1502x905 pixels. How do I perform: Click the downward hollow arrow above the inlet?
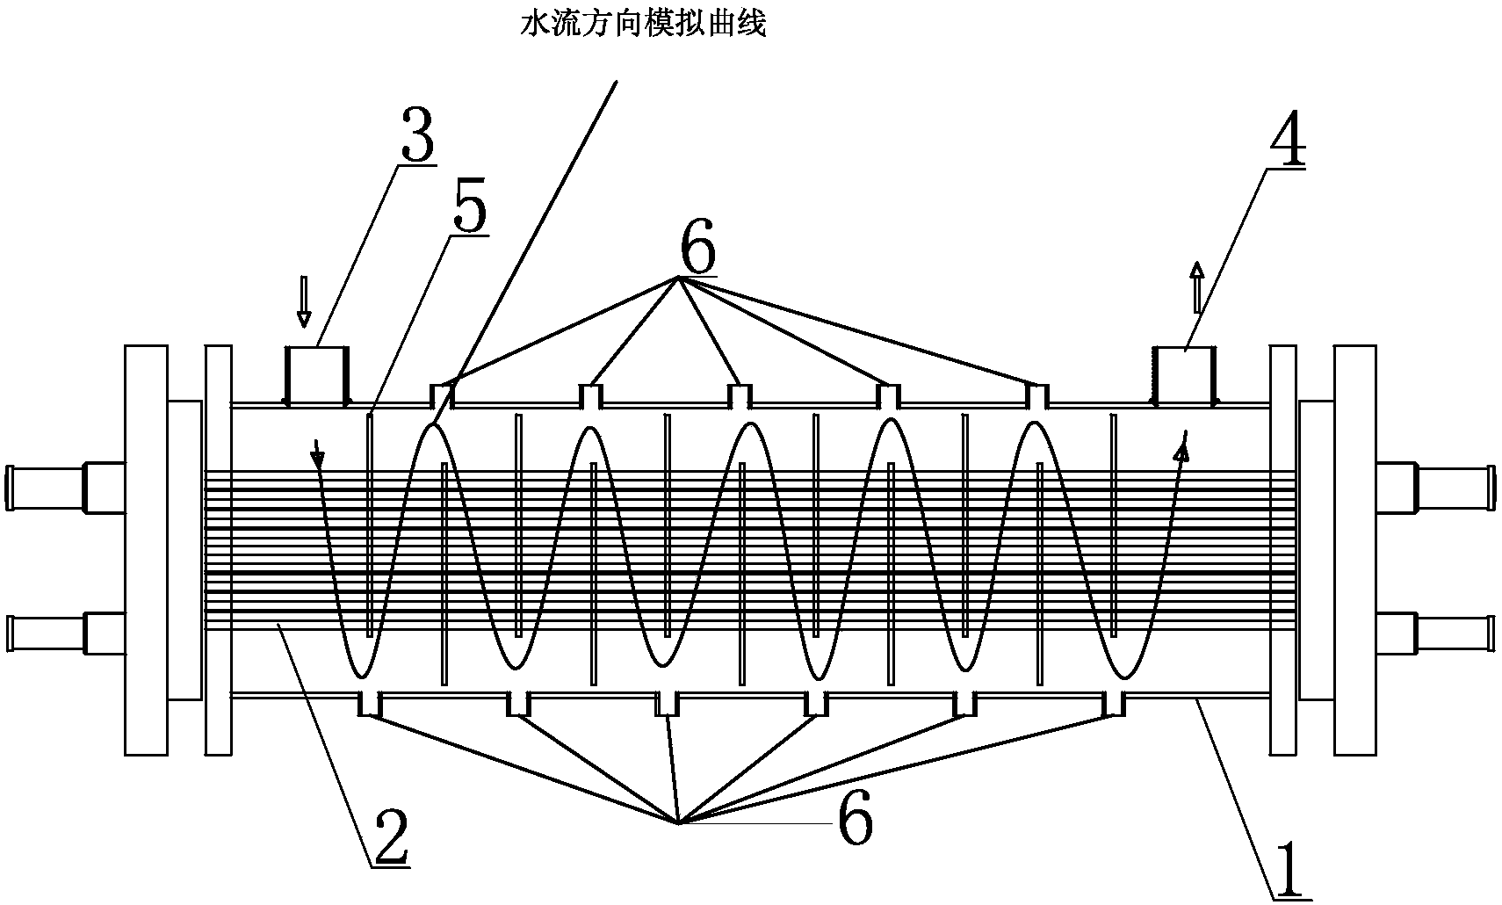(x=304, y=301)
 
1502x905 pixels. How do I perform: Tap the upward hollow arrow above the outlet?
(x=1196, y=286)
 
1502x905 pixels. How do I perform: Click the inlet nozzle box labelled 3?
(x=317, y=375)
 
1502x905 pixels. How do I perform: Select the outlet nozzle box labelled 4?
(x=1182, y=375)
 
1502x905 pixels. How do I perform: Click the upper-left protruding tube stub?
(x=44, y=486)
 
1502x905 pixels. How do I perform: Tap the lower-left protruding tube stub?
(x=44, y=633)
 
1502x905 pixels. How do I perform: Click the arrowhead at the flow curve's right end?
(x=1183, y=450)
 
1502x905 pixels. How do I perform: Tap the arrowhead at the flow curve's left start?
(x=318, y=458)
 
